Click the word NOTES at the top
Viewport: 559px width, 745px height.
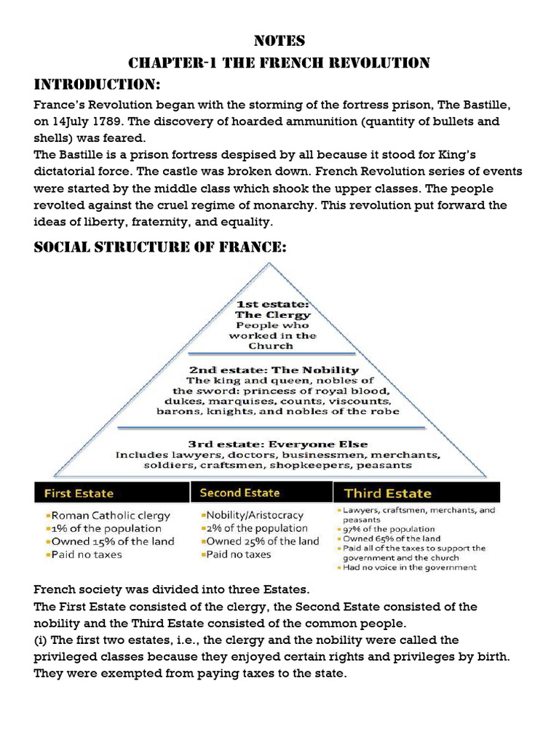point(279,41)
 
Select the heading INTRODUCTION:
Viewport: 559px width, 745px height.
point(98,83)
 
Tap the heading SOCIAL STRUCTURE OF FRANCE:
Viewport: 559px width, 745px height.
point(160,247)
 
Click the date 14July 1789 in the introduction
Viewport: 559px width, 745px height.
point(88,121)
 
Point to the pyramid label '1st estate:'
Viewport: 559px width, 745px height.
point(272,302)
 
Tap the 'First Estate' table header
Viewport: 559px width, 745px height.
point(79,493)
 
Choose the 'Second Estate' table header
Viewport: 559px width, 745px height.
point(239,493)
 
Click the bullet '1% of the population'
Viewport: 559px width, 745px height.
point(106,528)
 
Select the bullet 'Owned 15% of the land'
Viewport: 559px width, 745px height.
point(112,541)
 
